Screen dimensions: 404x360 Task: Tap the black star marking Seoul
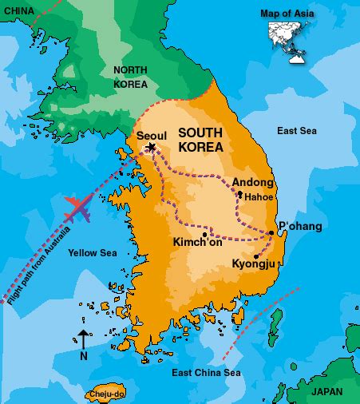point(152,147)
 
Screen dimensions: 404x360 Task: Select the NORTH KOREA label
point(130,77)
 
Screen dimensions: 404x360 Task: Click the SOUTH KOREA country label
point(200,140)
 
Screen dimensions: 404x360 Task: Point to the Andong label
point(253,181)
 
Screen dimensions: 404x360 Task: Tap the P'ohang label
point(299,227)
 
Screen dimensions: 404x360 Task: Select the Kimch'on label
point(197,243)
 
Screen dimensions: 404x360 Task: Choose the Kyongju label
point(254,263)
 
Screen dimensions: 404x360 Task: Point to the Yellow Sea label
point(93,253)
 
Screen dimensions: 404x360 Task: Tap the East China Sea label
point(207,373)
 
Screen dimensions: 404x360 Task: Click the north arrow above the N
point(83,339)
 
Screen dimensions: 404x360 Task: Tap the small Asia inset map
point(288,35)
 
